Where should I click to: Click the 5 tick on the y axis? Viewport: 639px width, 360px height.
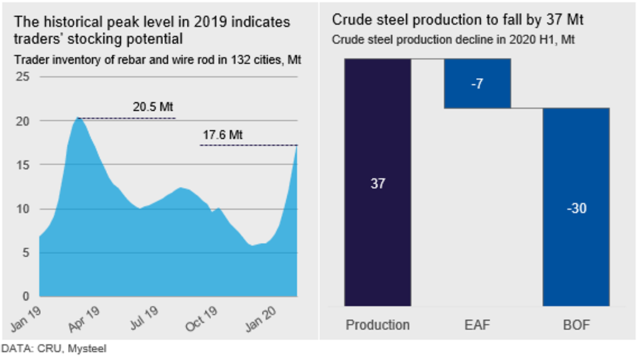click(x=26, y=252)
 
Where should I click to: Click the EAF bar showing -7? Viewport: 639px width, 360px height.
click(x=477, y=84)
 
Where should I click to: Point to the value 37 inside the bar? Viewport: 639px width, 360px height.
click(x=378, y=184)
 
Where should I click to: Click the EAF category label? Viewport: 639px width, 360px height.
click(x=477, y=325)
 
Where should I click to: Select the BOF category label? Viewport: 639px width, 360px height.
click(x=576, y=325)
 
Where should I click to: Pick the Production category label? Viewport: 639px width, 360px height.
click(x=378, y=325)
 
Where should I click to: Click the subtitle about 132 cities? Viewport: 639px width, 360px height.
click(x=157, y=60)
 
